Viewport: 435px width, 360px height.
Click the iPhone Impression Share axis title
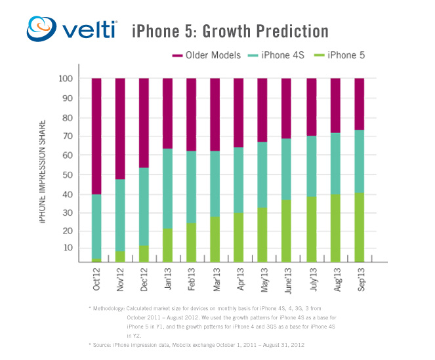tap(43, 170)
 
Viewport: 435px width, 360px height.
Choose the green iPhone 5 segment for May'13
tap(263, 235)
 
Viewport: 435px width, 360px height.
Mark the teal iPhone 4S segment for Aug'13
tap(335, 163)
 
